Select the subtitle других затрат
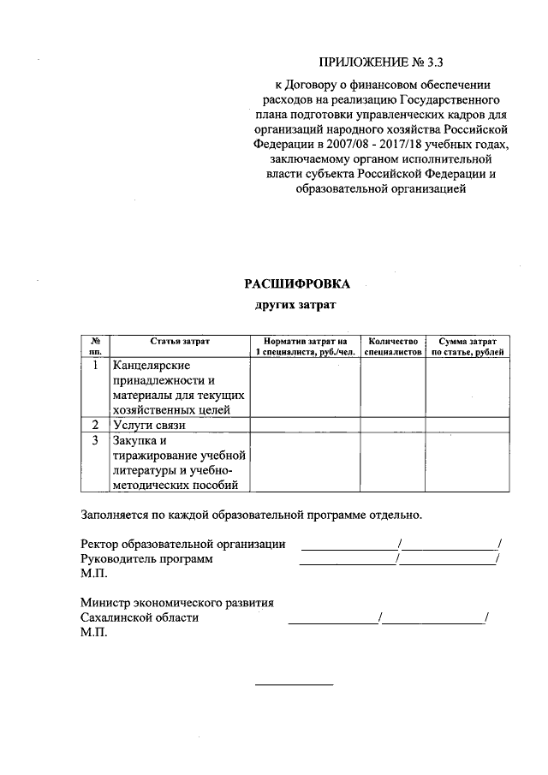click(296, 304)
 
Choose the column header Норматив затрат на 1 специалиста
click(304, 346)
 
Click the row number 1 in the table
click(95, 365)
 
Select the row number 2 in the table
click(95, 425)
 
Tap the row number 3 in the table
click(95, 440)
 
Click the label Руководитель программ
click(146, 559)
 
